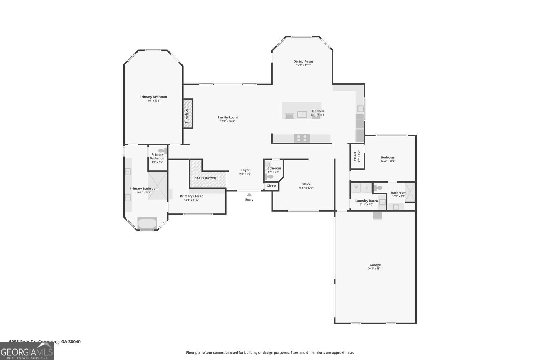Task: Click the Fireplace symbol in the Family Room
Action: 188,113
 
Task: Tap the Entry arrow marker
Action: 249,195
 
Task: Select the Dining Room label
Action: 303,62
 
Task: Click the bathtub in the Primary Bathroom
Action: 147,223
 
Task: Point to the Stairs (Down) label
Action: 206,178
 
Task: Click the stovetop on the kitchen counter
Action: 302,138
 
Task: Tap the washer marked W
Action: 356,187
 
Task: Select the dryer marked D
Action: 367,187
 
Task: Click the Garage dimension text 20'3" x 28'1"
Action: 375,269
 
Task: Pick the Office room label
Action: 306,184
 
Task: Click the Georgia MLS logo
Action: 27,351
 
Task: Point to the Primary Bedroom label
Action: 153,97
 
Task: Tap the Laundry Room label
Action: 366,201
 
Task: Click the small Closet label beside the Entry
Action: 272,186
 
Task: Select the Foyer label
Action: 245,170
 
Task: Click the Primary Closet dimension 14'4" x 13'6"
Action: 191,200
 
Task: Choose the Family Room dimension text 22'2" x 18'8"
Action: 228,121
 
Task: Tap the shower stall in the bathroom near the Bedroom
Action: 410,192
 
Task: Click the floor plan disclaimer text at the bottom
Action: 270,352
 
